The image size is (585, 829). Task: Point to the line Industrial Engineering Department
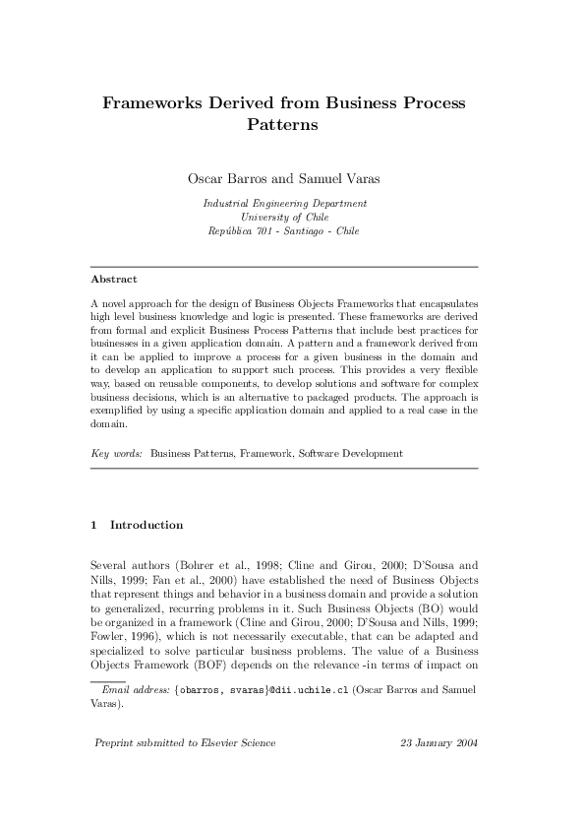285,203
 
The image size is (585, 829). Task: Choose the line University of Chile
285,217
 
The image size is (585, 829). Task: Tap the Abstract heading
113,280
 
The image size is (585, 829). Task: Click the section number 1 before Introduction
93,525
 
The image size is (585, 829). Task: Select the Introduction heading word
146,525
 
